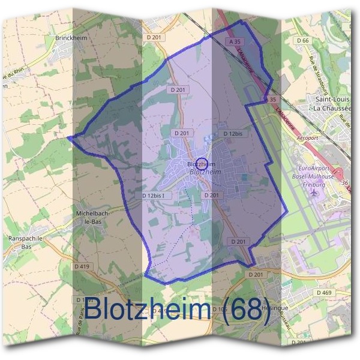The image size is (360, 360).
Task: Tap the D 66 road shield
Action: click(x=302, y=40)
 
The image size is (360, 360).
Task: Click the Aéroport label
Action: click(x=307, y=137)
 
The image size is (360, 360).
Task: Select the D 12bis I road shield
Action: click(x=157, y=196)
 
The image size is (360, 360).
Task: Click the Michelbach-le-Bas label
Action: click(x=91, y=217)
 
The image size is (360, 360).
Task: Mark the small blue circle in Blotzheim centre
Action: click(x=202, y=163)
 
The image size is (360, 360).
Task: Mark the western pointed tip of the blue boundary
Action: click(x=68, y=137)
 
